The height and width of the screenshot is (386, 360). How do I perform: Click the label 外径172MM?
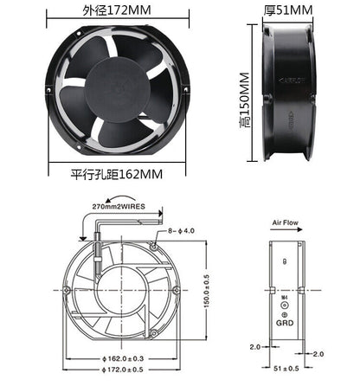[114, 12]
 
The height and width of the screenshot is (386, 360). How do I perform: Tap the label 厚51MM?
[287, 11]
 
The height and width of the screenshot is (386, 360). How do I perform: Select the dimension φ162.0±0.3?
[120, 357]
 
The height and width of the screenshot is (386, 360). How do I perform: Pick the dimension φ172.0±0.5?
[120, 370]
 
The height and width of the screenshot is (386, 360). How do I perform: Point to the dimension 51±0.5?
[286, 370]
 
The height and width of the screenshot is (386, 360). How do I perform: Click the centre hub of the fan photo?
[114, 90]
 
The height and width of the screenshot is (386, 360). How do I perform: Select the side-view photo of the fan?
[286, 91]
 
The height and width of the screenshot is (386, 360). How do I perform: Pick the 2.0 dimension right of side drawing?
[318, 353]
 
